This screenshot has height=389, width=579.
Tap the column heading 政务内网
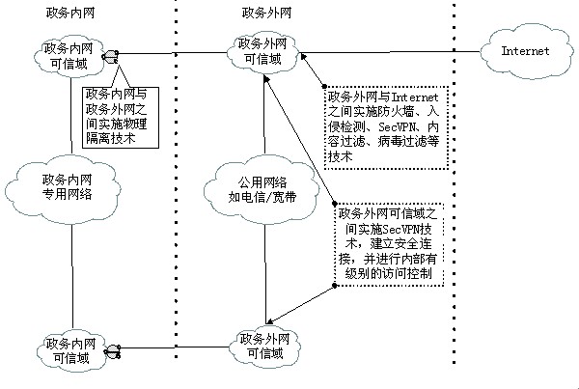(69, 12)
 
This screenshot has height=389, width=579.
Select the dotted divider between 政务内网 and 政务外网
(176, 193)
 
